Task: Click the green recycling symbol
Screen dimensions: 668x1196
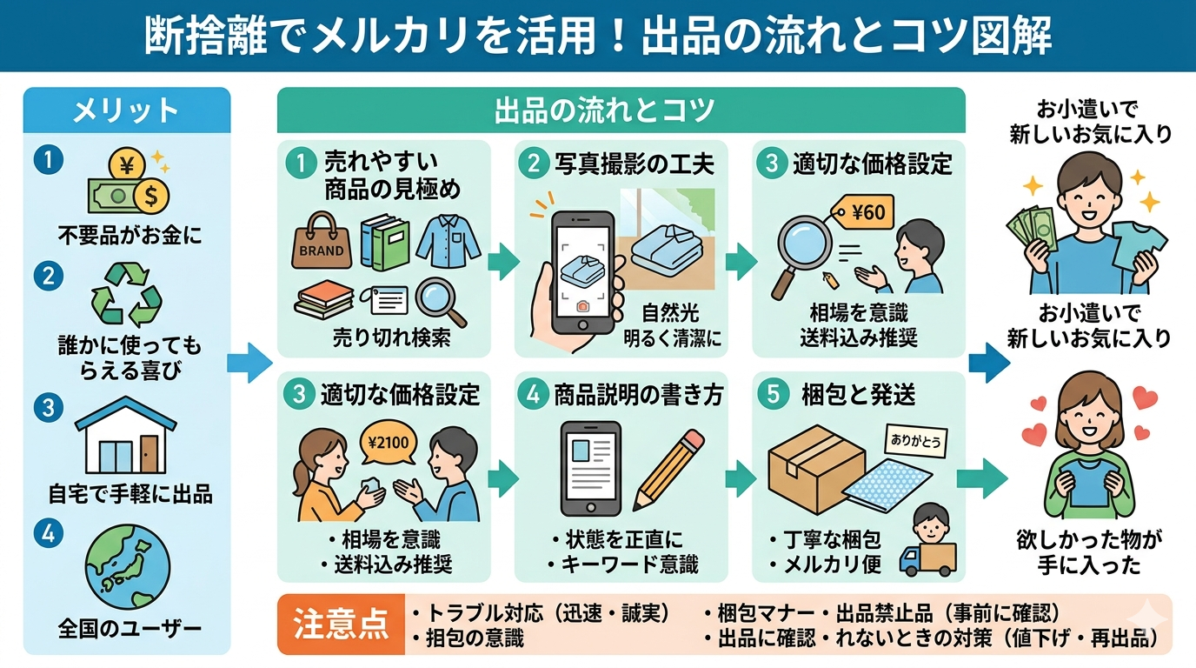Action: click(127, 292)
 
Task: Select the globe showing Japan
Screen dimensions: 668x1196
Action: click(127, 570)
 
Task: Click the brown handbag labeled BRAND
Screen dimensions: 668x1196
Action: click(321, 241)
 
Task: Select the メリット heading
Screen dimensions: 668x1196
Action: click(127, 110)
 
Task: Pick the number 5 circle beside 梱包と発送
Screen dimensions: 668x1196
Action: click(770, 394)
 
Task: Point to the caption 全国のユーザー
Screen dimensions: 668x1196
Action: click(127, 627)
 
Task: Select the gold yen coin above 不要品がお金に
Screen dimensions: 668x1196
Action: click(126, 164)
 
